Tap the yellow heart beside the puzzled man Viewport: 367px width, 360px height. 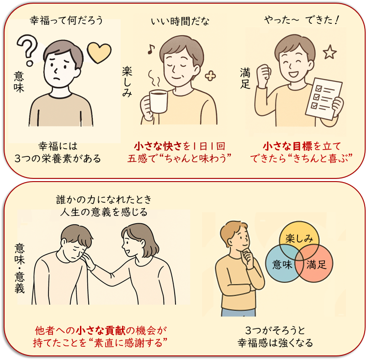[x=99, y=52]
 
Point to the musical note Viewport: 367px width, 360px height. [x=151, y=49]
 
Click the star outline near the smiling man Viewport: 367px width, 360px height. [x=330, y=52]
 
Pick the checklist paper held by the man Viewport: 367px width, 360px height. [x=324, y=98]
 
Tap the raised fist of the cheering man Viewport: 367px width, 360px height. [x=264, y=73]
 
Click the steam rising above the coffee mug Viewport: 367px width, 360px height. [x=154, y=79]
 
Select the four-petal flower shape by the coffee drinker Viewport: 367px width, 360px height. [x=210, y=75]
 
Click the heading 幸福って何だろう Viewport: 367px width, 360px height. [x=66, y=21]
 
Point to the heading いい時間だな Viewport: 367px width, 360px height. [x=180, y=21]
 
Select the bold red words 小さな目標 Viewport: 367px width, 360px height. [x=288, y=146]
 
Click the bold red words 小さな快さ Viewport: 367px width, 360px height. [x=158, y=146]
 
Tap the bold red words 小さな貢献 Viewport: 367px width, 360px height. [x=101, y=330]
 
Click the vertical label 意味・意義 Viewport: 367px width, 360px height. [x=20, y=268]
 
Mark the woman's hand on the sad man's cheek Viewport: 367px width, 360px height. [x=89, y=262]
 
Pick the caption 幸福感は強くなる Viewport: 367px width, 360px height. [x=275, y=343]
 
